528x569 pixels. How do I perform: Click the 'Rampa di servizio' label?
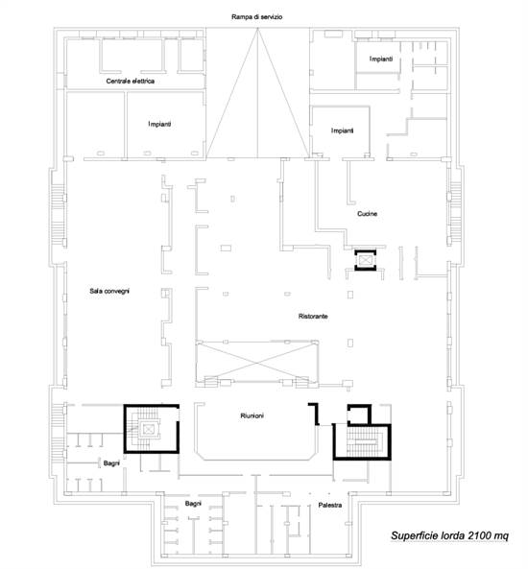point(256,17)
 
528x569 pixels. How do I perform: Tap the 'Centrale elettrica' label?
point(130,81)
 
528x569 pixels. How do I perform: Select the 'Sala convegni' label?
point(109,291)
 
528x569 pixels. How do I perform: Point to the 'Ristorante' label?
point(313,317)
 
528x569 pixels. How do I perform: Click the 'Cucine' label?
point(367,214)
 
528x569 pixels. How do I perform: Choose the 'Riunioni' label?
point(252,415)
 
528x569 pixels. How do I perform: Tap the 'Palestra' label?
point(329,505)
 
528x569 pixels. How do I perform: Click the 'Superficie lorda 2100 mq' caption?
point(449,535)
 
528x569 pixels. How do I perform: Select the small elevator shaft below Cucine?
point(366,260)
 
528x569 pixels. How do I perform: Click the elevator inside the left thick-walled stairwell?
point(149,429)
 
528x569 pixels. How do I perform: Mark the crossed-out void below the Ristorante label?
point(257,362)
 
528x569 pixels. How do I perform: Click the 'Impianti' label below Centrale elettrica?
point(159,124)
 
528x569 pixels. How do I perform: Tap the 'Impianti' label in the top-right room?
point(381,59)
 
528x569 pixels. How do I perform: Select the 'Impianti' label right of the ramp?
point(342,130)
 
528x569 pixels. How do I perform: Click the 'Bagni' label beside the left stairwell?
point(111,463)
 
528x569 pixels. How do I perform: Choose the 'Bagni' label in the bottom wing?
point(193,504)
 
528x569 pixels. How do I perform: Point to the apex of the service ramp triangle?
point(258,29)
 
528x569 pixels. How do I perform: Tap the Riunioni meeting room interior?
point(255,436)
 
